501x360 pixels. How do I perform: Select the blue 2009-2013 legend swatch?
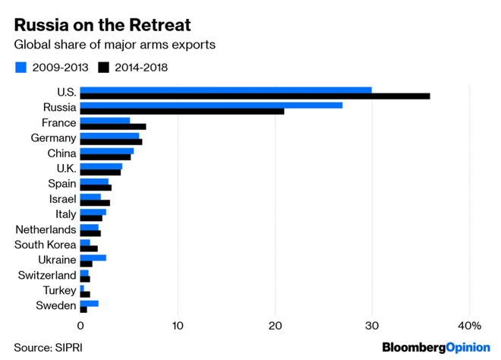[x=22, y=68]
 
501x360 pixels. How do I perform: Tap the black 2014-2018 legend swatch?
[x=102, y=68]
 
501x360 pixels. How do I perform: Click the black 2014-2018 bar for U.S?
[x=254, y=96]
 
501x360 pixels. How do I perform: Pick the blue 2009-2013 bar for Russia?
[x=211, y=105]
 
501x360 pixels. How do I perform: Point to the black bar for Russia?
[x=182, y=112]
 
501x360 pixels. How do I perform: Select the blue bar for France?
[x=105, y=120]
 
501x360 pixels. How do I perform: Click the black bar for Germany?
[x=111, y=142]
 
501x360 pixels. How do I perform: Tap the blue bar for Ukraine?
[x=93, y=257]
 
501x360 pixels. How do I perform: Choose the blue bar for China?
[x=106, y=150]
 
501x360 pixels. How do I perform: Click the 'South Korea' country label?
[x=46, y=245]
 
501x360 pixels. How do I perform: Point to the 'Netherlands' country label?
[x=46, y=229]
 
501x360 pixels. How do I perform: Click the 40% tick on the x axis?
[x=471, y=326]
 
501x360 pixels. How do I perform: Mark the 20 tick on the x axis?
[x=275, y=326]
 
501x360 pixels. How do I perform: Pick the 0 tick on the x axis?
[x=80, y=326]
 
